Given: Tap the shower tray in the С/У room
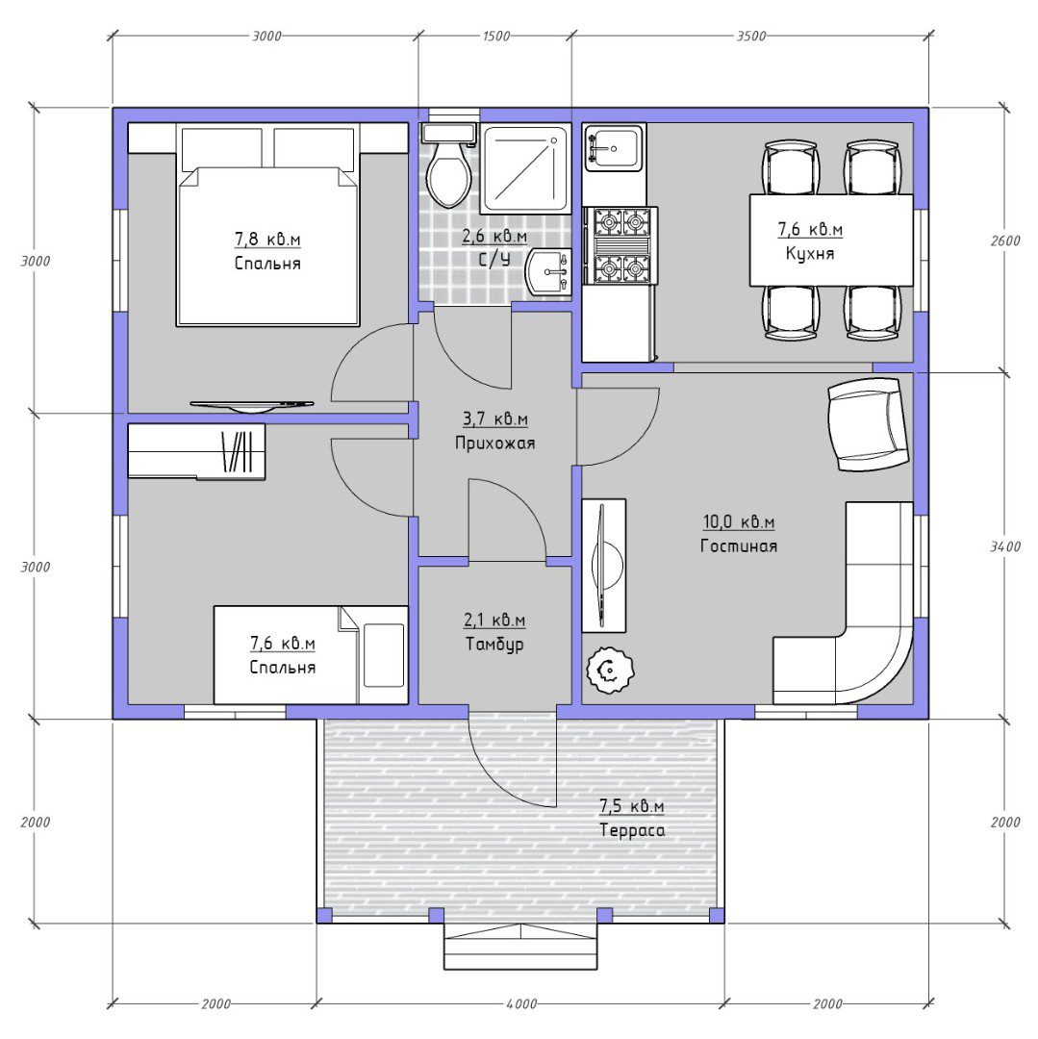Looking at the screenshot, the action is [524, 169].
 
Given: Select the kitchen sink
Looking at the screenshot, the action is [614, 147].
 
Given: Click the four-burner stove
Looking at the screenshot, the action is [620, 245].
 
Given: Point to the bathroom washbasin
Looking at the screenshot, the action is [548, 271].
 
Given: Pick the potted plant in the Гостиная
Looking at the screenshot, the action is [610, 670].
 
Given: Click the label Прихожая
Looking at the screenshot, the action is [494, 443].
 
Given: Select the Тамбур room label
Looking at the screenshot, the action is [494, 644].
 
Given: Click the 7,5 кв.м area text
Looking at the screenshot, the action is [631, 806].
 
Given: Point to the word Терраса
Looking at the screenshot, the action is [632, 830].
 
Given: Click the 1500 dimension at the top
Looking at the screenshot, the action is [495, 37].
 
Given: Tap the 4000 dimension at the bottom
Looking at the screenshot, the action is [521, 1004].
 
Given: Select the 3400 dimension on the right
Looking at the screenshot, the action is [1005, 547].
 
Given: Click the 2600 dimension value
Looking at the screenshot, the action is [1005, 241].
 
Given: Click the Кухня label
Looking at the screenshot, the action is [810, 254].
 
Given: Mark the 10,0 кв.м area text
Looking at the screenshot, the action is [739, 522].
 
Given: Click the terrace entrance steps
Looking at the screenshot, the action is [520, 948].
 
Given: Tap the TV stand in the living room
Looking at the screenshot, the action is [603, 566].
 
